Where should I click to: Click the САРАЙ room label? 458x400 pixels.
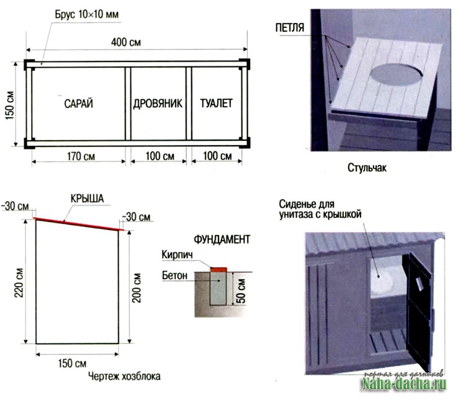tap(79, 104)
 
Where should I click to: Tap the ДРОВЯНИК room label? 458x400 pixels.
tap(158, 104)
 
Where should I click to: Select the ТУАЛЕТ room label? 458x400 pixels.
tap(217, 104)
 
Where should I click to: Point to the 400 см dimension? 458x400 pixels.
tap(126, 42)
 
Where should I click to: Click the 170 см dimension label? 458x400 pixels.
tap(81, 156)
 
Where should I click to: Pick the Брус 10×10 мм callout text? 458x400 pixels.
tap(87, 14)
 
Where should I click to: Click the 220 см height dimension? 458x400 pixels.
tap(19, 283)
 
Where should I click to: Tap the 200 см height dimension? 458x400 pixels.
tap(137, 288)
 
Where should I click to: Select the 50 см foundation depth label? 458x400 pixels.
tap(241, 291)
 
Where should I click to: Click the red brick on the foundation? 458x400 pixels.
tap(219, 269)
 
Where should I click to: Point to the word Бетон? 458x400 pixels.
tap(174, 275)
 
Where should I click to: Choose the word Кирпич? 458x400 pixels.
tap(177, 255)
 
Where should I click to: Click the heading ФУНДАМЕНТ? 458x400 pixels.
tap(222, 239)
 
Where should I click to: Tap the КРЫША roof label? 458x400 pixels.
tap(87, 198)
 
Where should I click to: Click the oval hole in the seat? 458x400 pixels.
tap(397, 74)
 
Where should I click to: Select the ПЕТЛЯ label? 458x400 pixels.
tap(290, 28)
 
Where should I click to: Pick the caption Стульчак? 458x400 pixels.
tap(367, 168)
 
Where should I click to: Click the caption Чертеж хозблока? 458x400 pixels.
tap(125, 376)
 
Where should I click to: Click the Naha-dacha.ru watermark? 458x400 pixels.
tap(404, 384)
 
